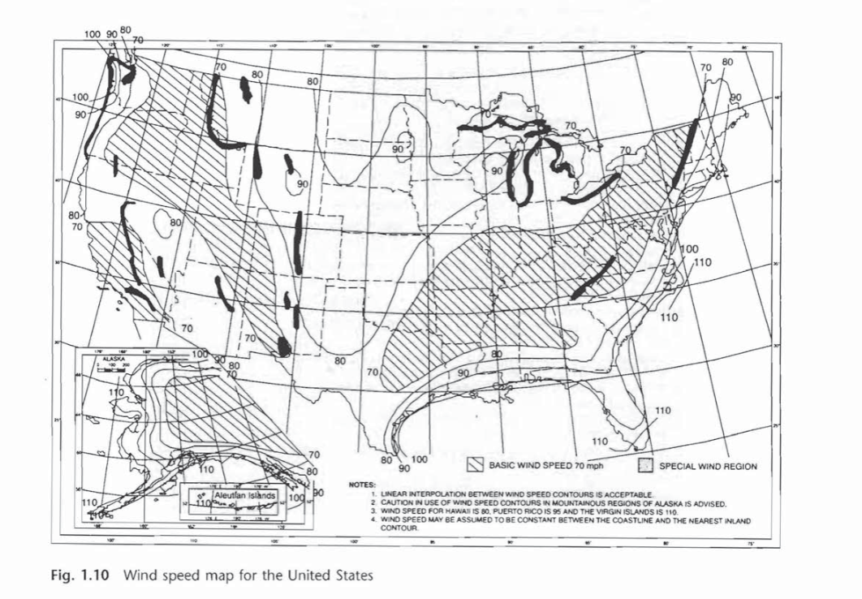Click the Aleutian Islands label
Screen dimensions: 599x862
(x=245, y=494)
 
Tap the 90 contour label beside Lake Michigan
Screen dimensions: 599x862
(x=495, y=170)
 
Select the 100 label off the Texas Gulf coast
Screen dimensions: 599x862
(x=419, y=459)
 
